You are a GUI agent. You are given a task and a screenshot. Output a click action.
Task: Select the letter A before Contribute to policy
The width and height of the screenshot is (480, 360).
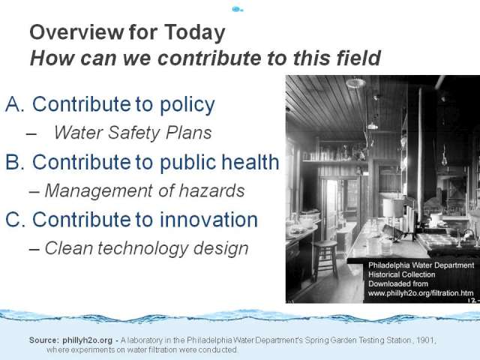tap(15, 104)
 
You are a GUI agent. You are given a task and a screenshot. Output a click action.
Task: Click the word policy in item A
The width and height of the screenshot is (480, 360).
tap(187, 106)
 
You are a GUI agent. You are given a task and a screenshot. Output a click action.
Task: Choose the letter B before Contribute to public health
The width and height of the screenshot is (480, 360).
tap(15, 162)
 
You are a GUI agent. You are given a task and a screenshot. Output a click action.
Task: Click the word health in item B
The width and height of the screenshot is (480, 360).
tap(250, 161)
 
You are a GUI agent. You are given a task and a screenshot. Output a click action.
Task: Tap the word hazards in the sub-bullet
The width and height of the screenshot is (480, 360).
tap(211, 190)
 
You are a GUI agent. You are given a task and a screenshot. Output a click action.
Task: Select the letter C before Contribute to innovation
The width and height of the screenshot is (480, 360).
tap(15, 220)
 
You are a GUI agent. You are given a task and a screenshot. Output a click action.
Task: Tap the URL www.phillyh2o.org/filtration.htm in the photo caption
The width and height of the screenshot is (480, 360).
tap(421, 293)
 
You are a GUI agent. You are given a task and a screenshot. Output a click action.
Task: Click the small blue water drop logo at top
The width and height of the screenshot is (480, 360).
tap(238, 9)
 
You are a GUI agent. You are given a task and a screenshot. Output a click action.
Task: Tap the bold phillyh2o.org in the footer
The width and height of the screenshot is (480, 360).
tap(87, 340)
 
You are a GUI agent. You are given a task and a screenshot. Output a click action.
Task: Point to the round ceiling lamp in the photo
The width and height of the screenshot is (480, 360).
tap(355, 83)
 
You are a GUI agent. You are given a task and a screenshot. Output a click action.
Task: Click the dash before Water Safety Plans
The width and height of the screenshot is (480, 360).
tap(31, 133)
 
